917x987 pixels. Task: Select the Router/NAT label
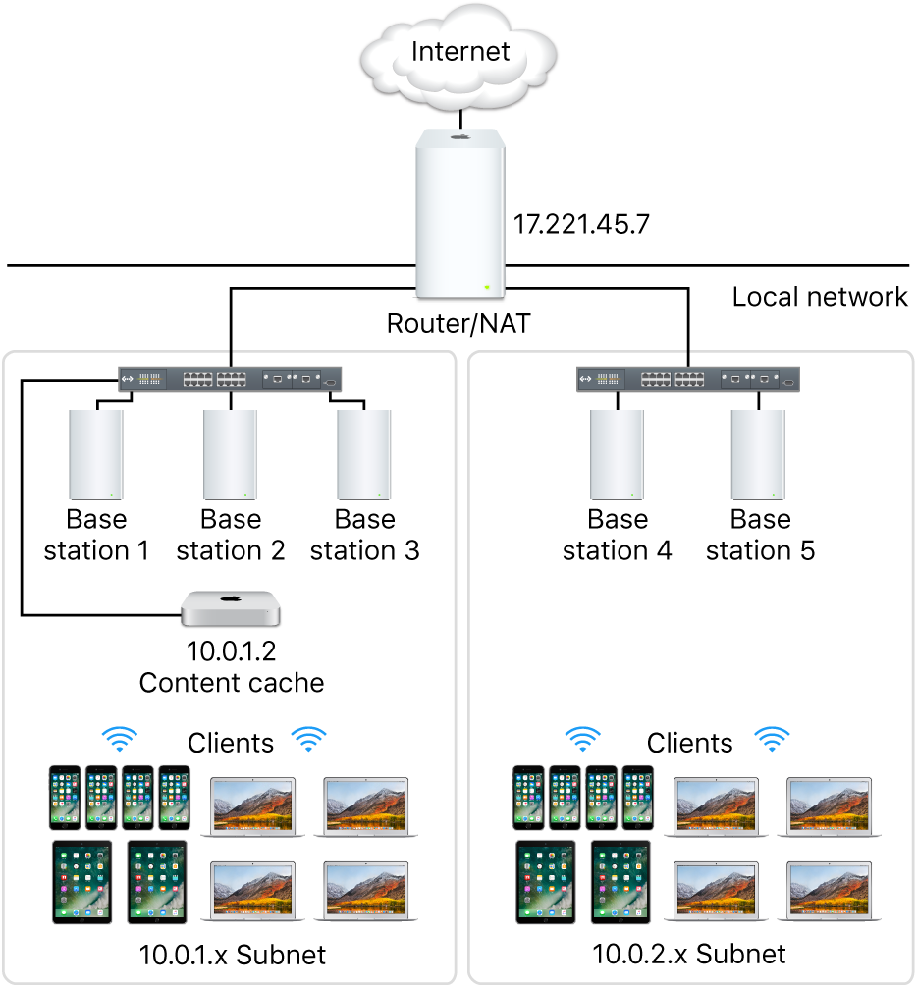pyautogui.click(x=458, y=323)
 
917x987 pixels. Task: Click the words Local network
pyautogui.click(x=820, y=297)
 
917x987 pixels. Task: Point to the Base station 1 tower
pyautogui.click(x=95, y=455)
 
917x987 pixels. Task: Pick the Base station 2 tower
pyautogui.click(x=230, y=455)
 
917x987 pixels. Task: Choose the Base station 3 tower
pyautogui.click(x=364, y=455)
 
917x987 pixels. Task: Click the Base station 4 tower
pyautogui.click(x=617, y=455)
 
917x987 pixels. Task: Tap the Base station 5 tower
pyautogui.click(x=759, y=455)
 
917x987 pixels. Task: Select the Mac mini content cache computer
pyautogui.click(x=231, y=609)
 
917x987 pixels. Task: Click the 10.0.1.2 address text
pyautogui.click(x=231, y=651)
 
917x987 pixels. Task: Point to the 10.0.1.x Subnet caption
pyautogui.click(x=231, y=954)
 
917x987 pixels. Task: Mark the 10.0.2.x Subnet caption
pyautogui.click(x=690, y=954)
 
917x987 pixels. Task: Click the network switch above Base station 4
pyautogui.click(x=687, y=379)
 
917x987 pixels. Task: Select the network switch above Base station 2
pyautogui.click(x=231, y=379)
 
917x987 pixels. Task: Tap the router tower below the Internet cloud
pyautogui.click(x=459, y=215)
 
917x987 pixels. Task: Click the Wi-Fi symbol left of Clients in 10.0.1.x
pyautogui.click(x=122, y=740)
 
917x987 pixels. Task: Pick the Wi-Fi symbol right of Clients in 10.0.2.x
pyautogui.click(x=771, y=740)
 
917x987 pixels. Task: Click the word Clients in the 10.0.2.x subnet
pyautogui.click(x=689, y=743)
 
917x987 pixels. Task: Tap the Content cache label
pyautogui.click(x=231, y=683)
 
